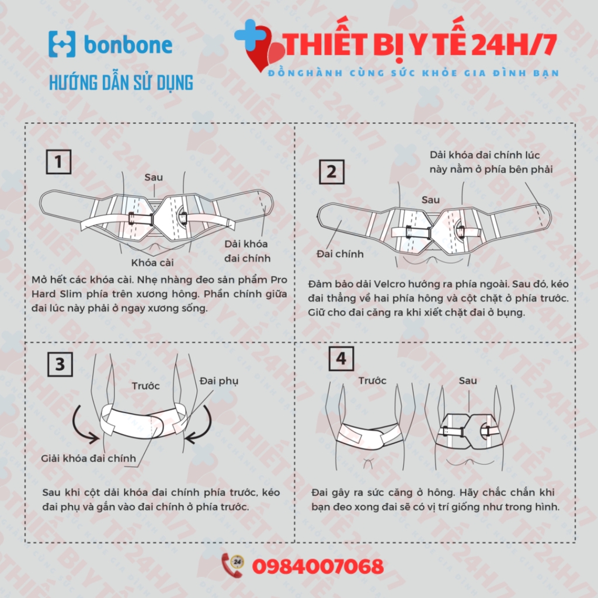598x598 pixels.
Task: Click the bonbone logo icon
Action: pos(62,44)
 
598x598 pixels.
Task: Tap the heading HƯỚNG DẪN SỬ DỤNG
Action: pos(121,83)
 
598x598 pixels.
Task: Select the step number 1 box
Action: pos(59,162)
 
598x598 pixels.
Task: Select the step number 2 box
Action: pos(332,172)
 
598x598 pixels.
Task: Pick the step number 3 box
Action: pos(60,364)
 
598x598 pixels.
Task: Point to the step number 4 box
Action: pos(341,359)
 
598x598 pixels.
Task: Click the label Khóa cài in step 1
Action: pos(152,262)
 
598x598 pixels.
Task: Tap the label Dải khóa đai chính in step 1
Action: pos(247,251)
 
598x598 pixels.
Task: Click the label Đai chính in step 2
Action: pos(340,253)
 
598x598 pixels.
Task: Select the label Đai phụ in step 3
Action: pos(219,381)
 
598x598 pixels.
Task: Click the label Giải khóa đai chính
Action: pos(89,458)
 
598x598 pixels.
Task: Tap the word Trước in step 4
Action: pos(372,381)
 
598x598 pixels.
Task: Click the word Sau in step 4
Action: pos(468,381)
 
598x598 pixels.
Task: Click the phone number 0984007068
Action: pos(318,566)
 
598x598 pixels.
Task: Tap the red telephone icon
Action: pos(232,565)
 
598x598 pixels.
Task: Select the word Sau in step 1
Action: pos(154,178)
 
